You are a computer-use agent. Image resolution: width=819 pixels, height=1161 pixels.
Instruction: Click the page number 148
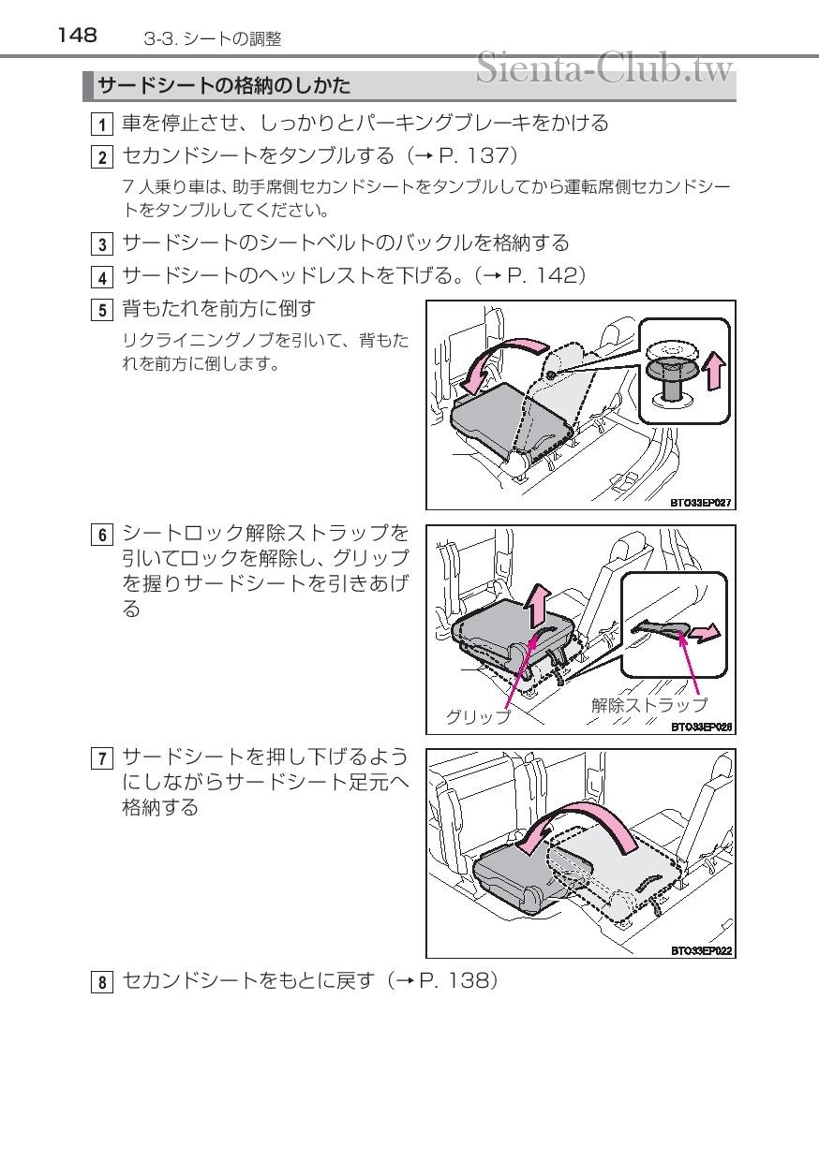click(77, 36)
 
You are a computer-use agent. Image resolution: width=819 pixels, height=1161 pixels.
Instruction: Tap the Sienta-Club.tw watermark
click(603, 67)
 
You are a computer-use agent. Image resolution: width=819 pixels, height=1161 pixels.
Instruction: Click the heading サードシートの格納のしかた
click(225, 87)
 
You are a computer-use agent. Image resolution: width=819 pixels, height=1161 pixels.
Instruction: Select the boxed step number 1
click(102, 125)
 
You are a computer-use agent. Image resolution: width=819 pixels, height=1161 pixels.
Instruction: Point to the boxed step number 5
click(102, 309)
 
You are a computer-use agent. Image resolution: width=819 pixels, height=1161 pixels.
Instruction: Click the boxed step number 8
click(102, 983)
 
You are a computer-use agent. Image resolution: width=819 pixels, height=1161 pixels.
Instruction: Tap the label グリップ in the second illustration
click(478, 717)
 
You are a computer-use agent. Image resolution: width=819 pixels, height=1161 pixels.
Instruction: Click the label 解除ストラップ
click(648, 705)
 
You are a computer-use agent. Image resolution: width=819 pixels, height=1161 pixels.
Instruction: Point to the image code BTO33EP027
click(701, 503)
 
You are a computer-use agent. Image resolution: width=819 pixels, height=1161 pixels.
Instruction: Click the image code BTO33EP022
click(701, 951)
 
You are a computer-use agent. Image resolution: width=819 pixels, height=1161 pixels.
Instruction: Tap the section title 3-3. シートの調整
click(213, 39)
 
